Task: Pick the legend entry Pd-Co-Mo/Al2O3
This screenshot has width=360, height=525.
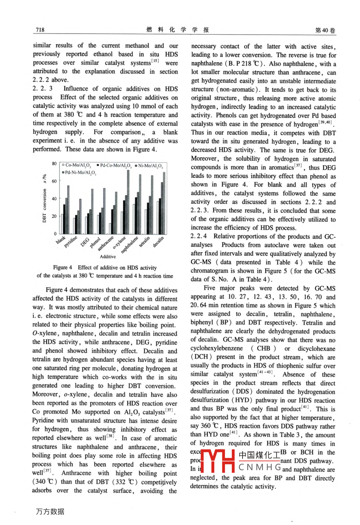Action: [114, 165]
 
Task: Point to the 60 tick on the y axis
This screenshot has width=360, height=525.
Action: [54, 181]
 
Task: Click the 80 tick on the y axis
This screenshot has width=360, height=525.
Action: [54, 164]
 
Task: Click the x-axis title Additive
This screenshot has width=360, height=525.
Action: [108, 257]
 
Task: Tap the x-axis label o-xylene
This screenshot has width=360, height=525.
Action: [118, 241]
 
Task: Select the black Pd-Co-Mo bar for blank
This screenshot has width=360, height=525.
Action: [64, 219]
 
